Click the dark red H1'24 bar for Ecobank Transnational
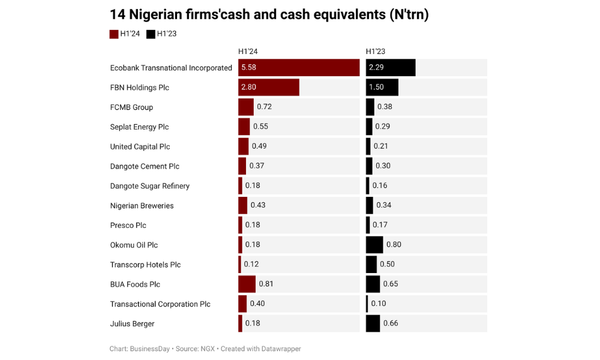click(x=299, y=68)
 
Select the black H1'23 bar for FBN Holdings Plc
click(x=382, y=88)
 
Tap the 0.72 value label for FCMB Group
click(x=264, y=107)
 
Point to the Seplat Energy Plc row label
click(x=139, y=127)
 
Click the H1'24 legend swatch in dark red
click(x=114, y=34)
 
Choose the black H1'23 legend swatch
click(x=151, y=34)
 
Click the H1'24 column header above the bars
click(x=248, y=52)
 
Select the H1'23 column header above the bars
click(x=376, y=52)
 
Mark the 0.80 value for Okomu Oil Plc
click(x=394, y=245)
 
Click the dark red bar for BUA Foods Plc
click(x=247, y=284)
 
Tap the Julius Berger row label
click(x=132, y=324)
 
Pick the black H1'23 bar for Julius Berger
click(x=373, y=323)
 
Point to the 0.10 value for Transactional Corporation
click(x=379, y=304)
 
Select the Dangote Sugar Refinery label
click(x=149, y=186)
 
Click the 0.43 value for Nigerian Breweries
click(x=258, y=205)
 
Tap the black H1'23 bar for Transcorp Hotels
click(x=371, y=265)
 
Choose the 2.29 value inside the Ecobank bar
click(x=376, y=68)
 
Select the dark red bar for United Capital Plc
click(x=243, y=146)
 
